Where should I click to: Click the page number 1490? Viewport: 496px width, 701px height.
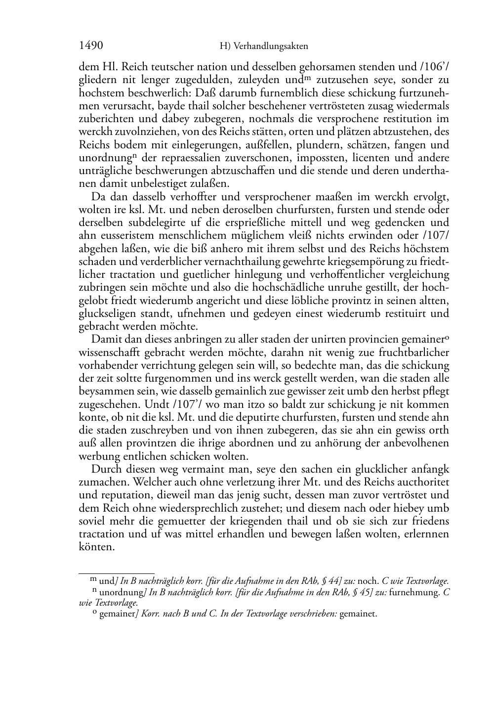tap(91, 46)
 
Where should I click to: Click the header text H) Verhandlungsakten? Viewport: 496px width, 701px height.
tap(264, 47)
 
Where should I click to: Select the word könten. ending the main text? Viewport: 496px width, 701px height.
tap(97, 548)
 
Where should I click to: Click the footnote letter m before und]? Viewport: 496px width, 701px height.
tap(94, 580)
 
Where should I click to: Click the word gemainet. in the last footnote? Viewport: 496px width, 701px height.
tap(358, 614)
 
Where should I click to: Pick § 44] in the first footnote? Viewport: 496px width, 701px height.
tap(332, 582)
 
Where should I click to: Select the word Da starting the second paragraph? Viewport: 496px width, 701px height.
tap(98, 197)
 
